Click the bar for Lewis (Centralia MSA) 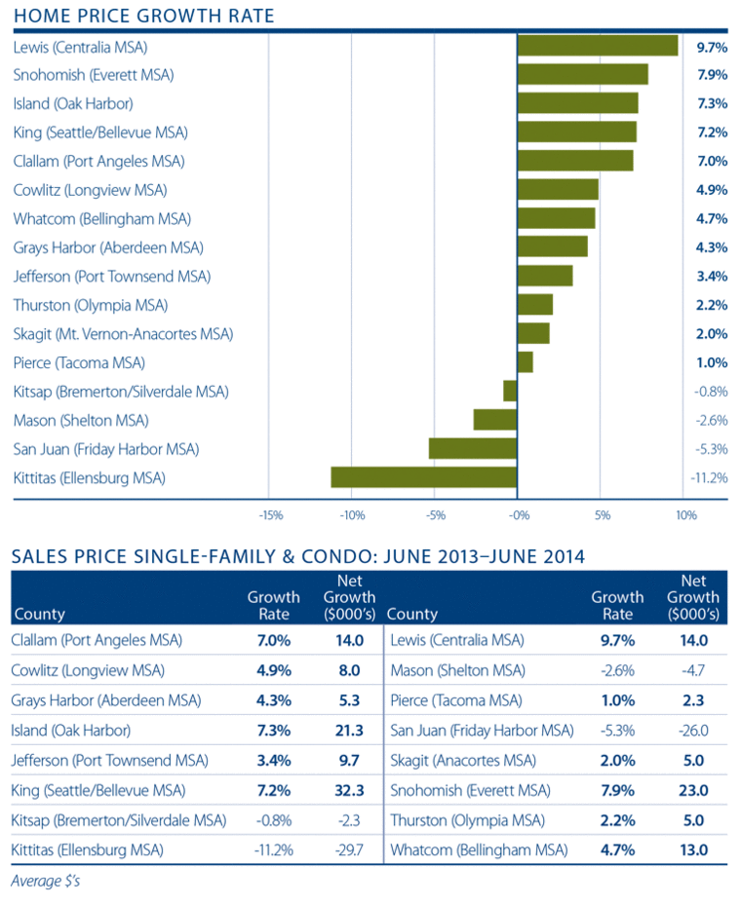(x=598, y=46)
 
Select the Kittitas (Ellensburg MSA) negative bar (x=423, y=477)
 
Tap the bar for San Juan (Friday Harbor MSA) (x=473, y=448)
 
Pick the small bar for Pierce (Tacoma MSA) (x=526, y=362)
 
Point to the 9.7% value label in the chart (x=712, y=47)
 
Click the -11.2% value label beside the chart (x=710, y=477)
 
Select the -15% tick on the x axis (x=270, y=515)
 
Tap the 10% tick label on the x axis (x=685, y=515)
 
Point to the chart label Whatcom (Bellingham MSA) (x=102, y=218)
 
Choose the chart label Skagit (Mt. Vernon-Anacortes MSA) (x=124, y=334)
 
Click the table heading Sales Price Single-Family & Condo (x=297, y=557)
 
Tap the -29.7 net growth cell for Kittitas (x=348, y=849)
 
